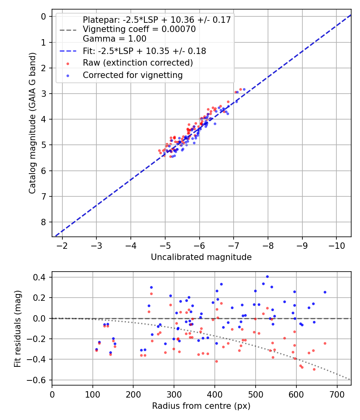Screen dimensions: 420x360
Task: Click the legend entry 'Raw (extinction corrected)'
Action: pos(138,63)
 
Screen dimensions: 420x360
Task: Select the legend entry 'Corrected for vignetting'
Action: pos(132,75)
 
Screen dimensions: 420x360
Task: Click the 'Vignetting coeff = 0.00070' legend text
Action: pos(139,29)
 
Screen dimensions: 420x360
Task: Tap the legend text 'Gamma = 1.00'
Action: pos(114,39)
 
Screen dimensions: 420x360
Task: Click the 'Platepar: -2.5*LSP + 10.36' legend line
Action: pos(156,20)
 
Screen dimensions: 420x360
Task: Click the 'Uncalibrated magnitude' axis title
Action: pos(201,257)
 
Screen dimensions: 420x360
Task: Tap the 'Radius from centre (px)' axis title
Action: pos(201,406)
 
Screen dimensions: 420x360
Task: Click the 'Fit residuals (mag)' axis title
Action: pos(18,329)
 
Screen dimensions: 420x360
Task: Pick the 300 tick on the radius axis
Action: pos(174,394)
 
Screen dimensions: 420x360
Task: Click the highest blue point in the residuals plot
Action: pos(267,276)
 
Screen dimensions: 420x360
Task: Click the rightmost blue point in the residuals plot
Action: pos(325,292)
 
